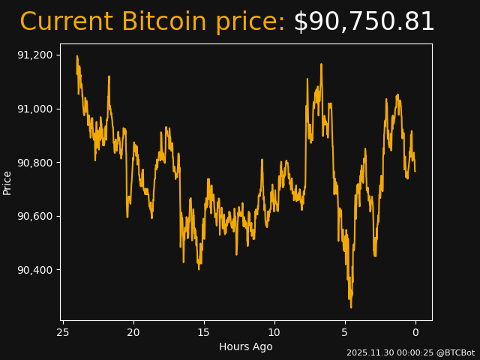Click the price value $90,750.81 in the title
point(364,22)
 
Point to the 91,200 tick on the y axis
point(35,55)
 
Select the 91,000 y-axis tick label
point(35,109)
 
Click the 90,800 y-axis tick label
point(35,163)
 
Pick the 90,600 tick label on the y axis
point(35,217)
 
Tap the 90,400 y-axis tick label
point(35,270)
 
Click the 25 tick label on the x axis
point(63,332)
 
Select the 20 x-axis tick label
point(133,332)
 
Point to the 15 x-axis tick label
point(204,332)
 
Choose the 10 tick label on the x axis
point(274,332)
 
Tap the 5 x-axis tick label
point(345,332)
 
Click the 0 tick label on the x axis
point(415,332)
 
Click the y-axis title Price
point(7,182)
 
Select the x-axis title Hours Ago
point(246,346)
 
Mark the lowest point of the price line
point(350,307)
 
